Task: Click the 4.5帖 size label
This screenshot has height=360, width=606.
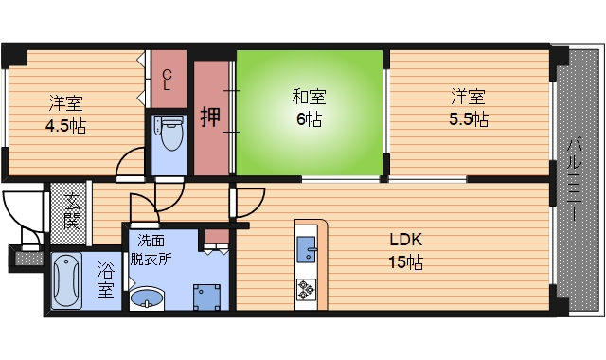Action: [65, 125]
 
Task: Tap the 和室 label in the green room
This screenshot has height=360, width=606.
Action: [309, 96]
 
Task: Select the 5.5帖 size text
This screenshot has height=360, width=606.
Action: [469, 119]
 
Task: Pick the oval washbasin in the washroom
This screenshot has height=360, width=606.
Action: [147, 300]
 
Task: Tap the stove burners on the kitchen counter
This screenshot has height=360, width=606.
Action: [309, 288]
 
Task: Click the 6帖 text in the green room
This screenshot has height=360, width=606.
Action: [309, 119]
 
